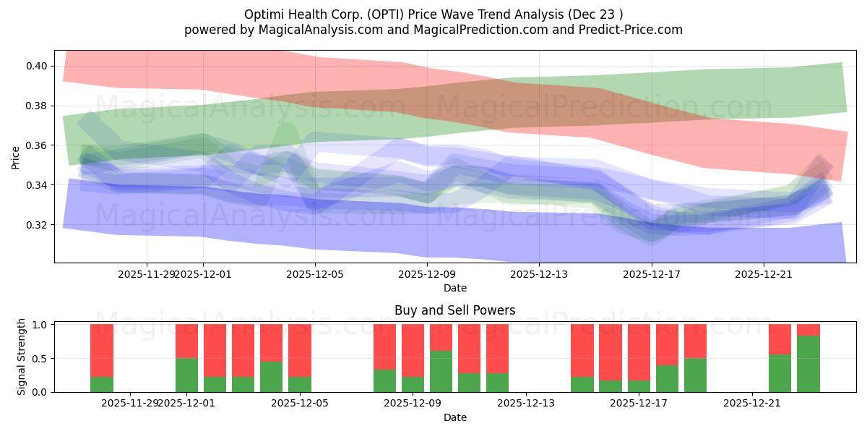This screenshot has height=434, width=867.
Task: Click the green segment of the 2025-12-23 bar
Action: tap(808, 364)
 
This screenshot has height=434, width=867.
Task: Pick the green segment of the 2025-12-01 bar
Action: tap(186, 375)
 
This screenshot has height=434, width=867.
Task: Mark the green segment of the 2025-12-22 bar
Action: tap(780, 373)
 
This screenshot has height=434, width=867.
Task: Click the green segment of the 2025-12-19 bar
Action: tap(695, 375)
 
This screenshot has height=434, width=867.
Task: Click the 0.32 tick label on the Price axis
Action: tap(35, 225)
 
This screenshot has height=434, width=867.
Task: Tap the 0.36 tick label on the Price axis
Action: tap(35, 145)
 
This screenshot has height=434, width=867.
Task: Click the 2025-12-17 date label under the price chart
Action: tap(652, 274)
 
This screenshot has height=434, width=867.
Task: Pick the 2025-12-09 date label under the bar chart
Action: tap(412, 404)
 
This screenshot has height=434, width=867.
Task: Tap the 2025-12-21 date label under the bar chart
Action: tap(752, 404)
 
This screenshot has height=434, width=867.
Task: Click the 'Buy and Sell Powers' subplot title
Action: tap(455, 310)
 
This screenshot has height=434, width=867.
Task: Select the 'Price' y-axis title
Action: tap(16, 158)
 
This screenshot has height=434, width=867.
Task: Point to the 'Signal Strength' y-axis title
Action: tap(22, 357)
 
